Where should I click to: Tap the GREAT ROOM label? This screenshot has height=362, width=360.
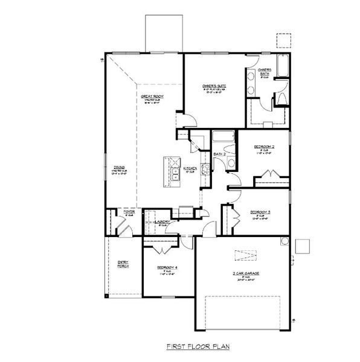coord(153,97)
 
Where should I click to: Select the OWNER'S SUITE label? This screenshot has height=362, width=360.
coord(214,86)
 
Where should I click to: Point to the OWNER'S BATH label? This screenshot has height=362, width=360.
coord(265,73)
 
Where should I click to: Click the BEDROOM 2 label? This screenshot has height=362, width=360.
coord(264,147)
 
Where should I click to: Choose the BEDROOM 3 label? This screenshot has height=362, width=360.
coord(260,212)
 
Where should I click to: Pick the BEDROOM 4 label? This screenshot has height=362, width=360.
coord(166,267)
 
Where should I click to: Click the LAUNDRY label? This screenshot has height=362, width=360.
coord(161,222)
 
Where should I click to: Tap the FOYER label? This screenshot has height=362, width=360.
coord(129,212)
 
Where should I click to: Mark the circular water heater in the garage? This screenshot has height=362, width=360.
coord(283,241)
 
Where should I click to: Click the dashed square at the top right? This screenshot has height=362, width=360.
coord(284,40)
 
